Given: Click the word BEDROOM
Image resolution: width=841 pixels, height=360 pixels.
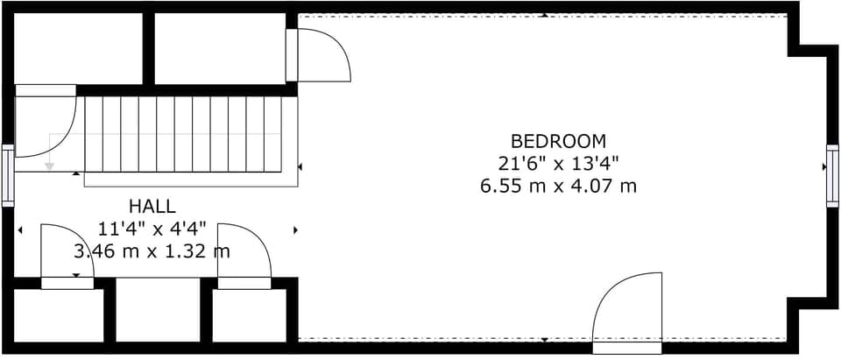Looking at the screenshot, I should (558, 140).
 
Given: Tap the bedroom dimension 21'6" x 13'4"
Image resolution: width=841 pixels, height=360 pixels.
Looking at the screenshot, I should (558, 163).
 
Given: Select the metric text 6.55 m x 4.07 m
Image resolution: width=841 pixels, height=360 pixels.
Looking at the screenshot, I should (558, 186).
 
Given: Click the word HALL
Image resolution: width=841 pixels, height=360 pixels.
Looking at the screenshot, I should (152, 207).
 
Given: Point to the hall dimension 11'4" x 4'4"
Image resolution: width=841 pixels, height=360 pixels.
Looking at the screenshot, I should (152, 229).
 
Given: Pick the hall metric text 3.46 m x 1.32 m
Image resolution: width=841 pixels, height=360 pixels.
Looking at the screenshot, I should (152, 252).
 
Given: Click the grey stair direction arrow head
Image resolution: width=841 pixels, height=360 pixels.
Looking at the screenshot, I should (50, 165).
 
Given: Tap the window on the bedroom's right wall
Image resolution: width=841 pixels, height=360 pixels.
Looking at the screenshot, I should (832, 175).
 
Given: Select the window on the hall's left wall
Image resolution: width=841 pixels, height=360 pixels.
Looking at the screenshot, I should (8, 175).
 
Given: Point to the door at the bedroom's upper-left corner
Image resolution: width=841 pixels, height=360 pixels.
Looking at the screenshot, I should (320, 55).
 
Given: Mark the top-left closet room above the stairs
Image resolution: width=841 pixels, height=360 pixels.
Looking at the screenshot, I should (78, 48).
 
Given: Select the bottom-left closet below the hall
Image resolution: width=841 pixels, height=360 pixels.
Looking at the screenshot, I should (58, 315).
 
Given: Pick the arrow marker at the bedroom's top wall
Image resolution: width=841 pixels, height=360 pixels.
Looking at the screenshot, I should (544, 15).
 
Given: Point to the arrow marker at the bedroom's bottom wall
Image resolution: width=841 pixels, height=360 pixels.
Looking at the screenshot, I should (544, 340).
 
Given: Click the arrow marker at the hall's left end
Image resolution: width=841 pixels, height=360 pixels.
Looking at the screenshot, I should (20, 230).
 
